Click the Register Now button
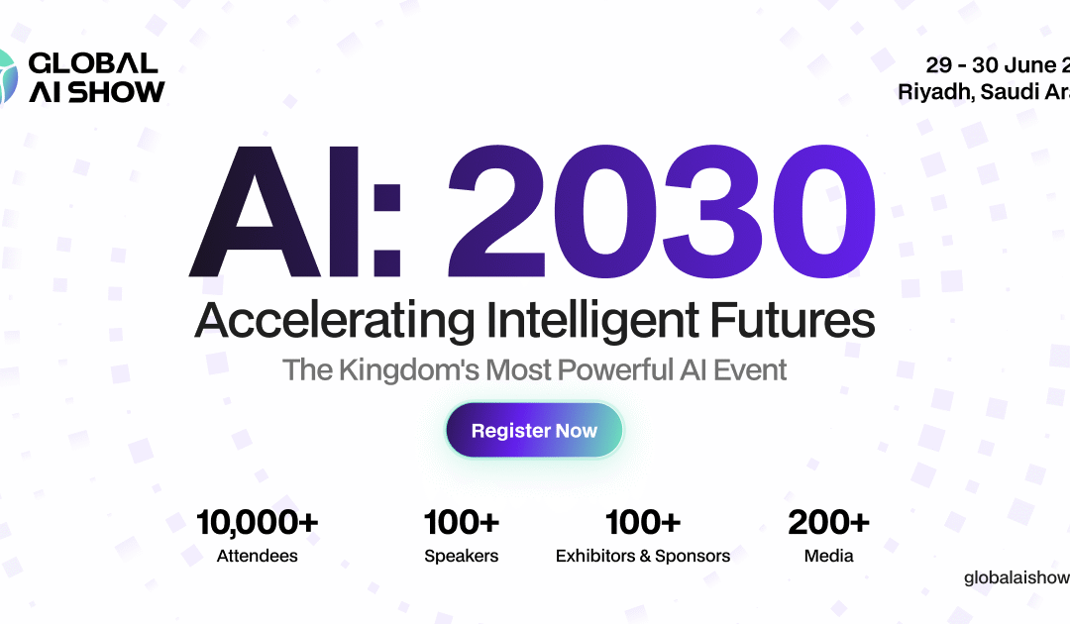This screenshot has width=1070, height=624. tap(534, 431)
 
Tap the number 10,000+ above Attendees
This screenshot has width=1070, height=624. tap(257, 523)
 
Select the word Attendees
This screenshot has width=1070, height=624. tap(257, 556)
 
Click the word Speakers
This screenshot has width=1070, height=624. tap(461, 556)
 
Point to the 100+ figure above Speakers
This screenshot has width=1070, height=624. tap(461, 523)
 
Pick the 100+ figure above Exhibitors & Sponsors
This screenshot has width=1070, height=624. tap(642, 523)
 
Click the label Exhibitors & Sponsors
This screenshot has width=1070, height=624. tap(642, 556)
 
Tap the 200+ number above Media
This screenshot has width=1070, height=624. tap(828, 523)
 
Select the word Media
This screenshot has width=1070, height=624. tap(828, 556)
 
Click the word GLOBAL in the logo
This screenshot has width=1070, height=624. tap(93, 63)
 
